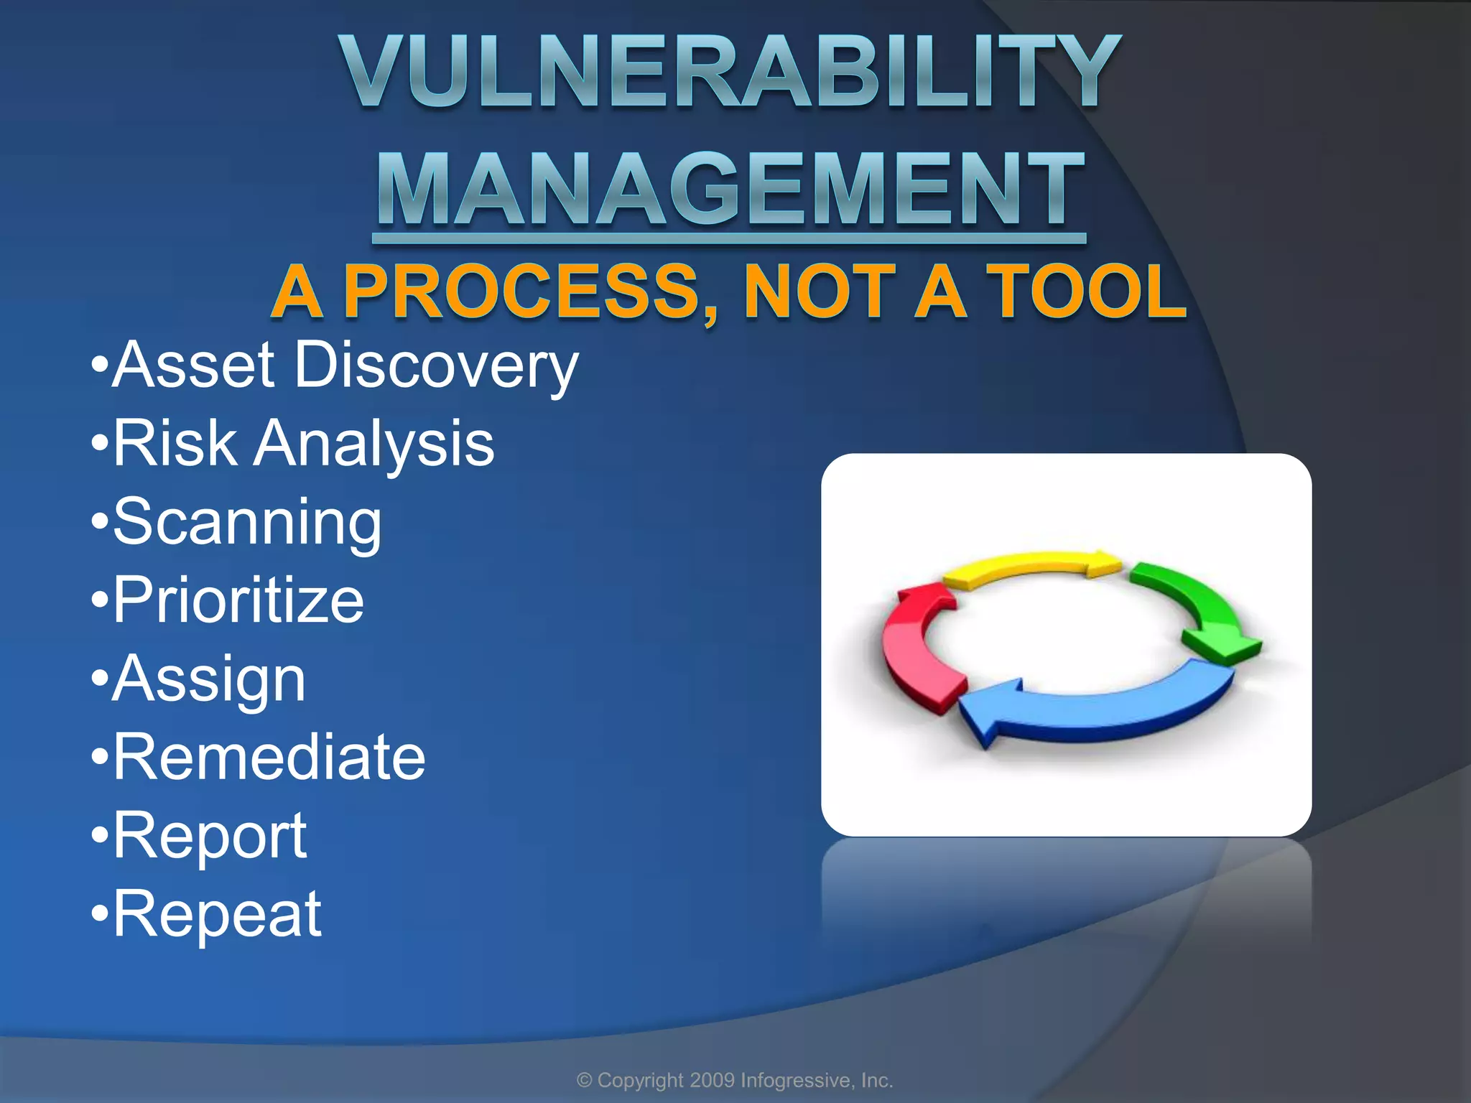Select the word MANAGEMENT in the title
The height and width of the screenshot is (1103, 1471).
(730, 190)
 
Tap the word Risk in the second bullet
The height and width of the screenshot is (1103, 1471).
(175, 443)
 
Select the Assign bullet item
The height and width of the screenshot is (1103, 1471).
(209, 680)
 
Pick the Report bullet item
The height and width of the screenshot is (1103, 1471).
(210, 837)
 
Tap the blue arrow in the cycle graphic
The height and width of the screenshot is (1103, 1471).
(1099, 707)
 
